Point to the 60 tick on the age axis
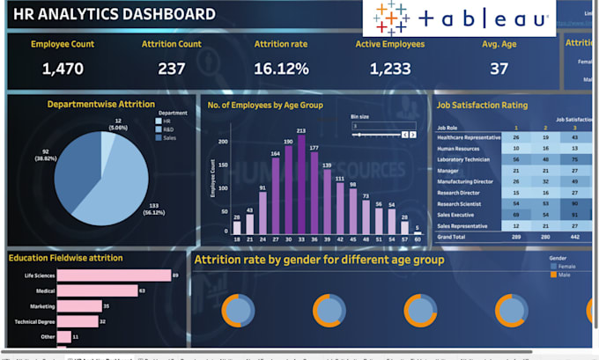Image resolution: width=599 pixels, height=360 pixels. coord(417,239)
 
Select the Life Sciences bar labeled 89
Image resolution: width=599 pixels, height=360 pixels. coord(114,276)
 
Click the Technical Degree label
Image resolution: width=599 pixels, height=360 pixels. coord(34,321)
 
